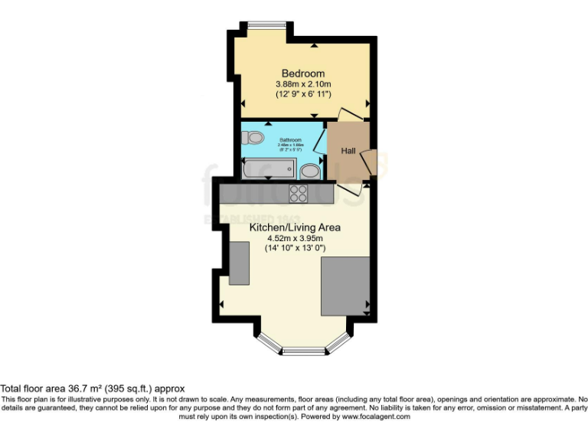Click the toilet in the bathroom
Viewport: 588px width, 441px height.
tap(252, 138)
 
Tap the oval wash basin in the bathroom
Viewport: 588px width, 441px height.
tap(309, 169)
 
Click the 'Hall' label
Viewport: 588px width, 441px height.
tap(348, 150)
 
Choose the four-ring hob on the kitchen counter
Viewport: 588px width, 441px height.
tap(298, 194)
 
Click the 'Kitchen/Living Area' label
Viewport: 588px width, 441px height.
tap(295, 227)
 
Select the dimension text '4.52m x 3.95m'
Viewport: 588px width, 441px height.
tap(295, 238)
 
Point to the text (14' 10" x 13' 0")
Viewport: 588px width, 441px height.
tap(295, 248)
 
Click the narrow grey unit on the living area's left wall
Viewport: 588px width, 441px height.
tap(239, 262)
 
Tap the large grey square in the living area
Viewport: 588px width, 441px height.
tap(345, 286)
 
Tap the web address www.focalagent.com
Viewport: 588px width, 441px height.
tap(376, 416)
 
